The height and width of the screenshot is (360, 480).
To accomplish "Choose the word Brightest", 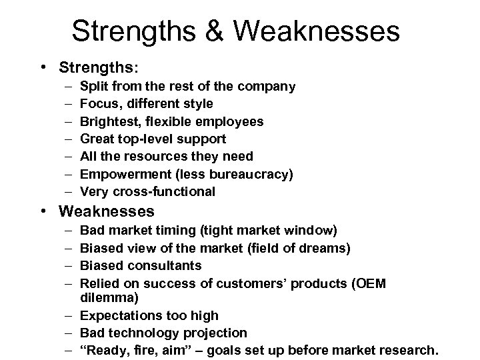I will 108,121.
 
